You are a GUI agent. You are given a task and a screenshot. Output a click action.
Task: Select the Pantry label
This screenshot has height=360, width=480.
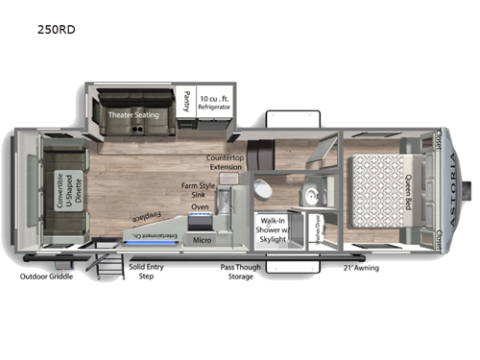185,100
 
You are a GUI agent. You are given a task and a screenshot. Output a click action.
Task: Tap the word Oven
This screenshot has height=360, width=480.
202,206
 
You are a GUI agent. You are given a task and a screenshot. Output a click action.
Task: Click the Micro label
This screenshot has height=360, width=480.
203,240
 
